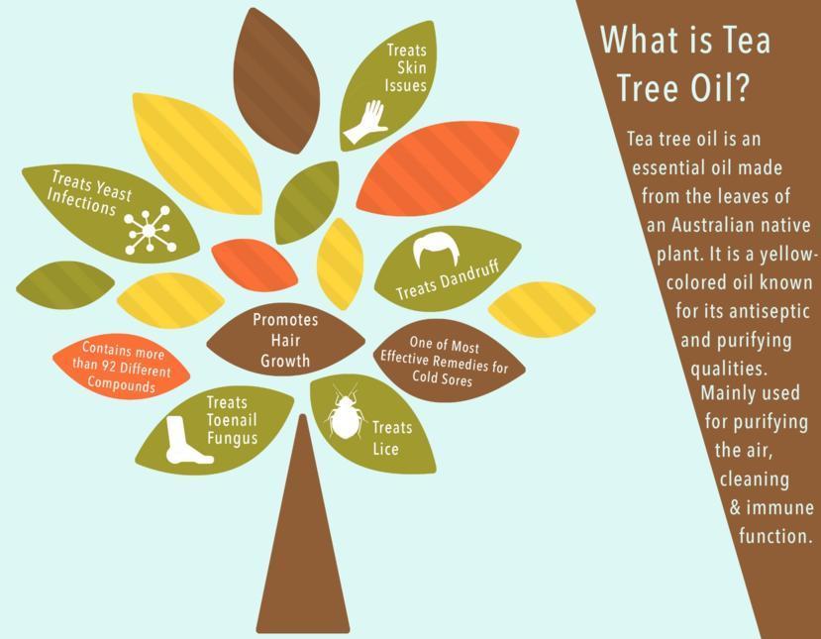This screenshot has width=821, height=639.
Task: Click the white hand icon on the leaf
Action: [x=365, y=123]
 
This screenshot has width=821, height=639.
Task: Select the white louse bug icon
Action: [x=344, y=412]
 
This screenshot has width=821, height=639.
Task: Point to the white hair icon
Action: [x=436, y=251]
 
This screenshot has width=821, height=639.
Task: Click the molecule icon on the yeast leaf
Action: [x=149, y=230]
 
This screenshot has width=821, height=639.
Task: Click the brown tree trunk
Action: [x=303, y=524]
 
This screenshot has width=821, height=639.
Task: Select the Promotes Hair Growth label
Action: [x=285, y=340]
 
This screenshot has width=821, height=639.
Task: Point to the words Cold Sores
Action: [x=442, y=377]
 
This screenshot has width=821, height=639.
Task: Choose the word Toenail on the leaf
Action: [x=232, y=420]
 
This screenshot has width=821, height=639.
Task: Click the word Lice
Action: [x=385, y=449]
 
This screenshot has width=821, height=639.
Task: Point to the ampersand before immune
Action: [x=735, y=508]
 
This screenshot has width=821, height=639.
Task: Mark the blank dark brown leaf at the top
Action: [x=276, y=80]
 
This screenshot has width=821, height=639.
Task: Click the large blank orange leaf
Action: [x=438, y=168]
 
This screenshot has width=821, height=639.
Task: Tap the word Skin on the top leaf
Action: [x=411, y=67]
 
